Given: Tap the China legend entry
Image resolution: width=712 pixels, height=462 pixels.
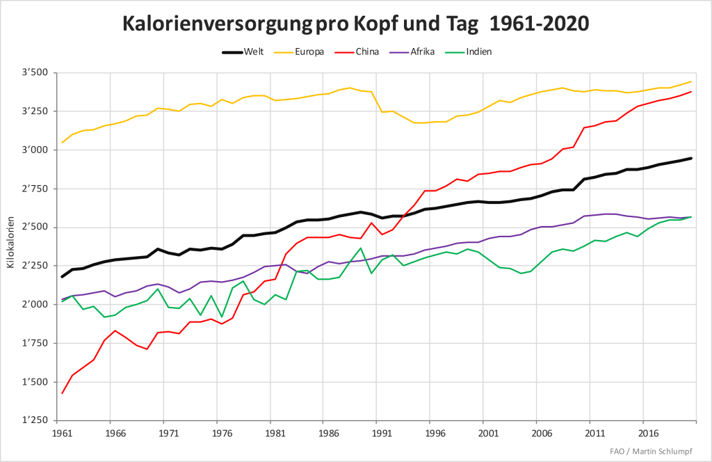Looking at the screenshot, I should coord(366,52).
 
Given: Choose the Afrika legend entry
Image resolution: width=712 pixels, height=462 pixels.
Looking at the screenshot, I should coord(420,52).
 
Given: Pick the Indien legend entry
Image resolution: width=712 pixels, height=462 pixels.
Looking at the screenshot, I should coord(479,52).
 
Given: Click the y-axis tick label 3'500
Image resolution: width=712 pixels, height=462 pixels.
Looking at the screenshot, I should coord(35,73).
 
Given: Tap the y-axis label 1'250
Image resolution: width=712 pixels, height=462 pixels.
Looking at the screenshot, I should coord(35,420).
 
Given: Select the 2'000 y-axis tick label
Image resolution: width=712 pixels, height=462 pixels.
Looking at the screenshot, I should coord(35,305).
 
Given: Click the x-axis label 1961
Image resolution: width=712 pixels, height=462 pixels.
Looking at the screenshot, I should coord(63,433).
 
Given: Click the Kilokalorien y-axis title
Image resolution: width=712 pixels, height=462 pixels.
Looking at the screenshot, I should coord(10,246).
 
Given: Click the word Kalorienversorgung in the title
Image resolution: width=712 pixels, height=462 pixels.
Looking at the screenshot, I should coord(217,24).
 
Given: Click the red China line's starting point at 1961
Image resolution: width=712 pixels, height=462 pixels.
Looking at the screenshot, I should coord(63,394).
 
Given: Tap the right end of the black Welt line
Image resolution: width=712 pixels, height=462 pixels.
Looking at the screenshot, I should coord(691,158).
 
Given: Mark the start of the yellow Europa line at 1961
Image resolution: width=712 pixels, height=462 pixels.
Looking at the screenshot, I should coord(63,143).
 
